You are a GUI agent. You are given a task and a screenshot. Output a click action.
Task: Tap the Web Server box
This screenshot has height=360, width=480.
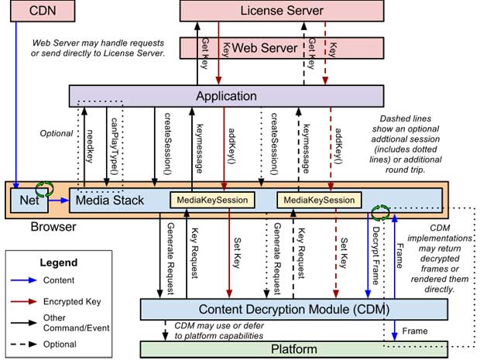tap(265, 48)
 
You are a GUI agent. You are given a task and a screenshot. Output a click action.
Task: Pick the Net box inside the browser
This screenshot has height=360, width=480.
tap(29, 202)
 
